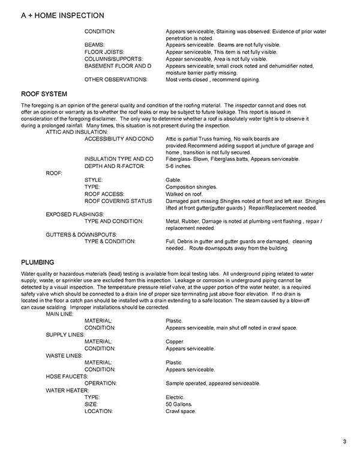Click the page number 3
(345, 443)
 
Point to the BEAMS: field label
(95, 44)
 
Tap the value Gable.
(174, 180)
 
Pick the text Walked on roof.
(184, 194)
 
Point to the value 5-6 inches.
(179, 165)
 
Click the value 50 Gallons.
(181, 404)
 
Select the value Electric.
(176, 397)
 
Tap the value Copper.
(175, 341)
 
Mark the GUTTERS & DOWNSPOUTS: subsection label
(82, 234)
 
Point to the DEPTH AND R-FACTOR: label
(115, 165)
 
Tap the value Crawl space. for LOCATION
(181, 411)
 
